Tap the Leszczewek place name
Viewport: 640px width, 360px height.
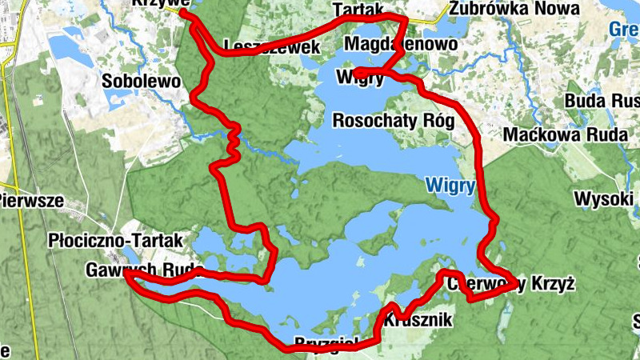coord(272,47)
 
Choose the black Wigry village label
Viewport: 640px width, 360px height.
coord(362,78)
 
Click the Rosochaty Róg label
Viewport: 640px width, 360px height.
coord(393,122)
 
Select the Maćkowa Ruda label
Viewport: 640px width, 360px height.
coord(564,134)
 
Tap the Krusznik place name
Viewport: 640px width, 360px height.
coord(418,321)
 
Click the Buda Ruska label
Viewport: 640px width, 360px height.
coord(602,102)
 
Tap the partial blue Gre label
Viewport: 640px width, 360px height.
coord(624,30)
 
